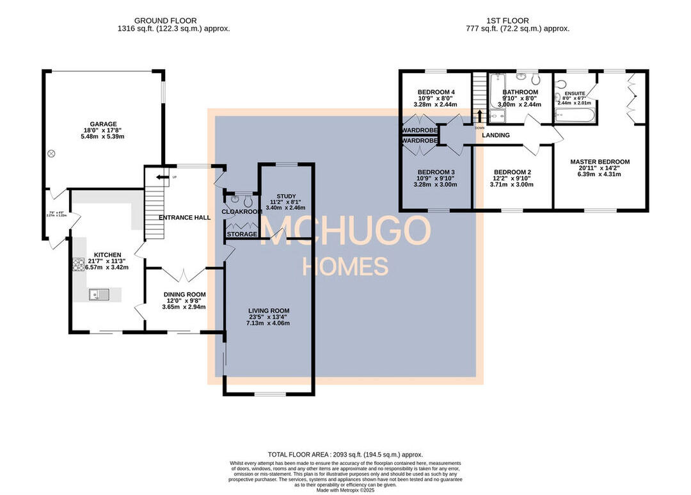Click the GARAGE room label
coord(102,124)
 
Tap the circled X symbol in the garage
coord(52,154)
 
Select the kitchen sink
coord(100,295)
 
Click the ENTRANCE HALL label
coord(185,218)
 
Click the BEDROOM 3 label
coord(436,172)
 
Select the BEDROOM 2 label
coord(512,172)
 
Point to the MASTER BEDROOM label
coord(600,162)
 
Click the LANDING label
coord(496,135)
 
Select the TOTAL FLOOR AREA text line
coord(345,454)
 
